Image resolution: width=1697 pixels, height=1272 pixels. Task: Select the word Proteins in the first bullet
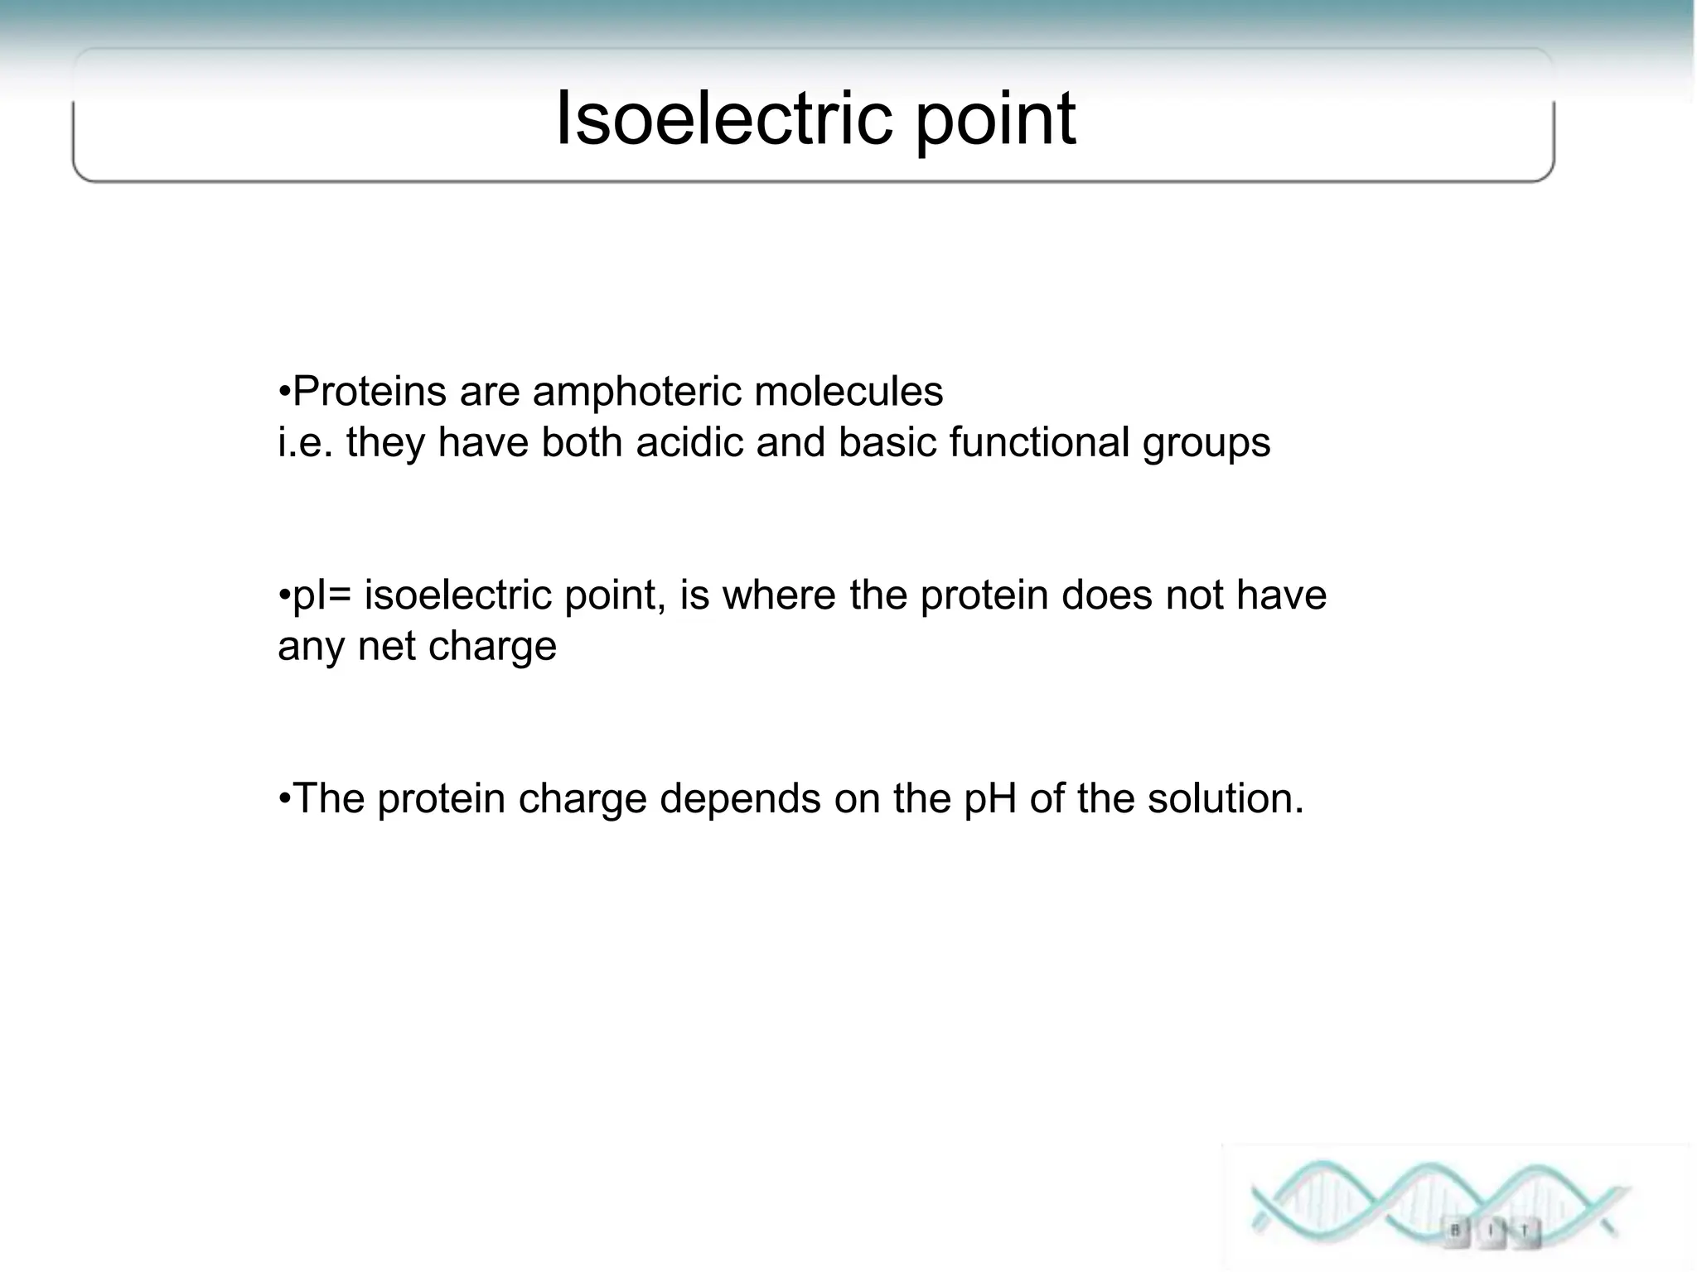tap(369, 392)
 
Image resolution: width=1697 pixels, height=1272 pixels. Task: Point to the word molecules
tap(848, 392)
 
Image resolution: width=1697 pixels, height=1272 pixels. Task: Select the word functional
tap(1039, 442)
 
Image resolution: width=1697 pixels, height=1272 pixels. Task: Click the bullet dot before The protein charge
tap(284, 800)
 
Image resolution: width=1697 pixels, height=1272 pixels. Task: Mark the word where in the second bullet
tap(779, 595)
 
